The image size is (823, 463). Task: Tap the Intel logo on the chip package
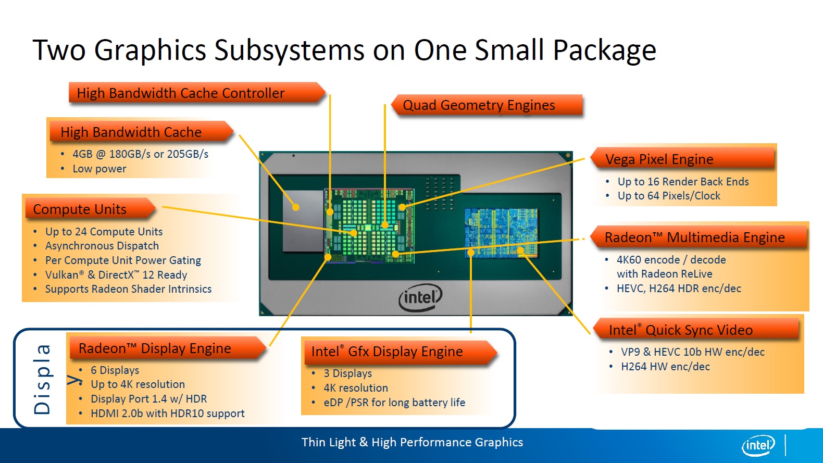pos(420,297)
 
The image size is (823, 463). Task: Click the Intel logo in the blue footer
pos(758,445)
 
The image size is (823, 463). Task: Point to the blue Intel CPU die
pos(501,233)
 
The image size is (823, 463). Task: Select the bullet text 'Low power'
pos(99,169)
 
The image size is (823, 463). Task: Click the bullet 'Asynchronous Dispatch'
pos(102,246)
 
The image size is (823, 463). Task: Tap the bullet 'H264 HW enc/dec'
pos(665,367)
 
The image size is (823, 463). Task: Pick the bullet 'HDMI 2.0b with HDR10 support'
pos(167,414)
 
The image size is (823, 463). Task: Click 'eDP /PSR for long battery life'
pos(394,403)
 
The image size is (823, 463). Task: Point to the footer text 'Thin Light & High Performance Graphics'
pos(412,442)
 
